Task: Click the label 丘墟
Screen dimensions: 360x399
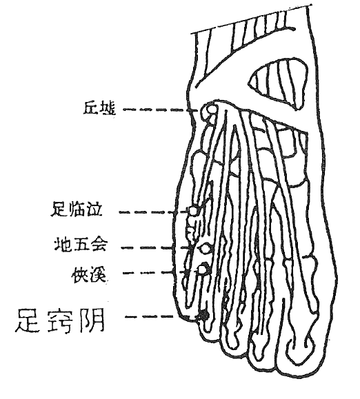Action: tap(99, 108)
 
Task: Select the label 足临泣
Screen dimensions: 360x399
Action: tap(77, 209)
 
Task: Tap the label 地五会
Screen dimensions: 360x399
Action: tap(80, 244)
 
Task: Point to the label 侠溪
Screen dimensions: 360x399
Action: tap(88, 274)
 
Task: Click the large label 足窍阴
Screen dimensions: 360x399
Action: tap(60, 321)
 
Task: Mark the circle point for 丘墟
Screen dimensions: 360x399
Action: tap(212, 110)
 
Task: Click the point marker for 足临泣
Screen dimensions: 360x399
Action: tap(192, 211)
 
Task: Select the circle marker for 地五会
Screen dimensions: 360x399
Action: tap(204, 248)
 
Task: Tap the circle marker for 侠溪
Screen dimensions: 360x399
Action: tap(202, 269)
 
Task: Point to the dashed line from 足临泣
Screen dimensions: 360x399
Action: tap(154, 212)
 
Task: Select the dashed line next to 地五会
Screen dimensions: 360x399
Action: tap(161, 248)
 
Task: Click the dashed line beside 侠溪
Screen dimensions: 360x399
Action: tap(161, 272)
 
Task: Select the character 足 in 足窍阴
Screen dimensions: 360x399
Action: tap(28, 320)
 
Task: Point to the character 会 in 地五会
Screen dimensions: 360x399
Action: tap(98, 244)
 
